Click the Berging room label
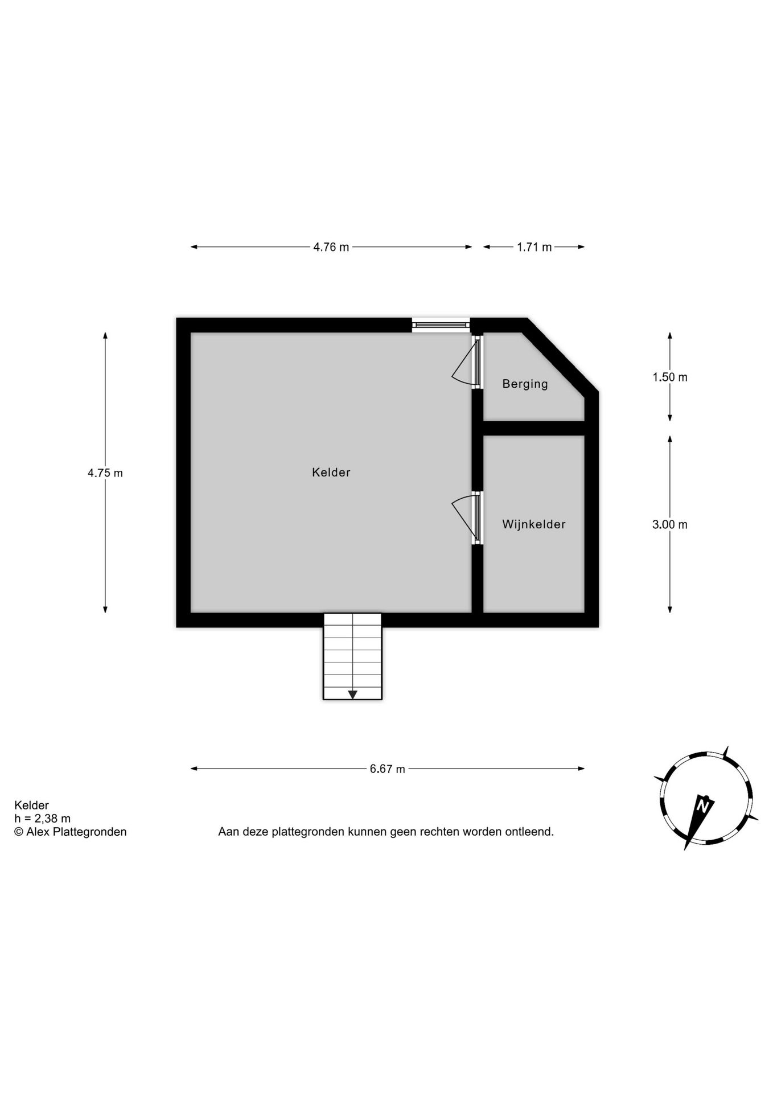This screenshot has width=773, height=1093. [x=525, y=384]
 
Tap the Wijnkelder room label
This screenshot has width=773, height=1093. [x=533, y=524]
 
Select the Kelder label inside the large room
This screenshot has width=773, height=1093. [x=331, y=472]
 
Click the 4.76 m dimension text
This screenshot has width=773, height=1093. [x=331, y=247]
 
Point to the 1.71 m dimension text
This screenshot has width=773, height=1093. [x=534, y=247]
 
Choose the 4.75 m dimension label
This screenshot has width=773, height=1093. [x=105, y=473]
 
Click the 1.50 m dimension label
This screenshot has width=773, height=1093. [x=669, y=377]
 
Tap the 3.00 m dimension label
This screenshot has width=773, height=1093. [x=669, y=525]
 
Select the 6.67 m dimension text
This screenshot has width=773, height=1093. [x=387, y=769]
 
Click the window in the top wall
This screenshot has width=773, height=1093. [x=441, y=325]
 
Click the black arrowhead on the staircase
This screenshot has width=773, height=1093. [x=352, y=695]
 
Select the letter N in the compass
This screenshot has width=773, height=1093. [x=704, y=806]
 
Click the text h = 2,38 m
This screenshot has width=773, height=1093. [x=43, y=819]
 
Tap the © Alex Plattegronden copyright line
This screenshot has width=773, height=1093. [x=71, y=832]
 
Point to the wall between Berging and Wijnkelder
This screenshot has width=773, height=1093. [x=534, y=428]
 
